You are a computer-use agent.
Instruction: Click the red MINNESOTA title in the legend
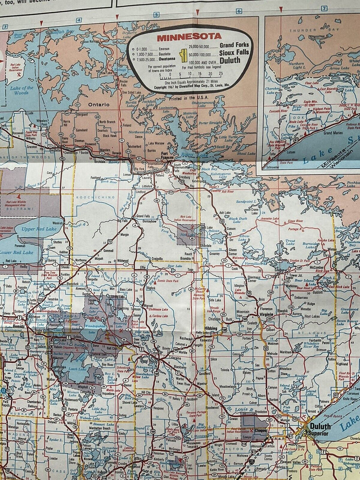(189, 37)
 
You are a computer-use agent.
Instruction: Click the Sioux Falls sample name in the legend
(234, 53)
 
